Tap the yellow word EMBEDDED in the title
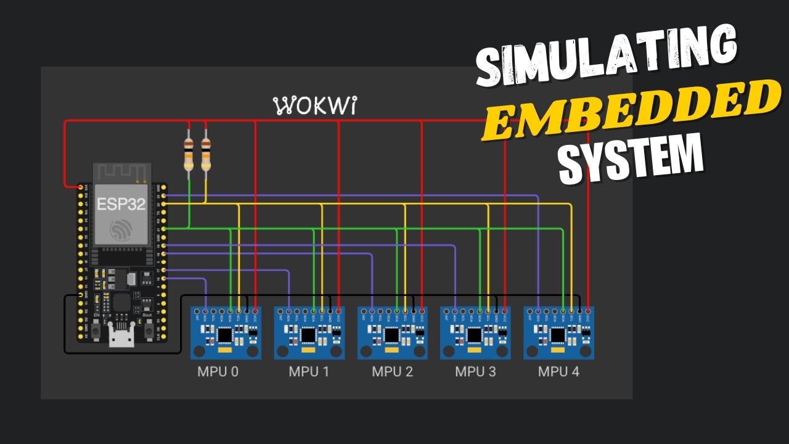[x=629, y=110]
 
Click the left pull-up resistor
[x=189, y=154]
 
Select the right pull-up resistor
[x=205, y=154]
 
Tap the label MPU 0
[x=218, y=372]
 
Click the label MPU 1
[x=309, y=372]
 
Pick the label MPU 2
[x=393, y=372]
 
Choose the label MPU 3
[x=476, y=372]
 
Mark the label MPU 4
[x=558, y=372]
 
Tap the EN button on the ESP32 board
[x=97, y=331]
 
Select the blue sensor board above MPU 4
[x=558, y=333]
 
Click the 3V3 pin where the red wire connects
[x=80, y=187]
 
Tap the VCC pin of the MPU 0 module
[x=255, y=310]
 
